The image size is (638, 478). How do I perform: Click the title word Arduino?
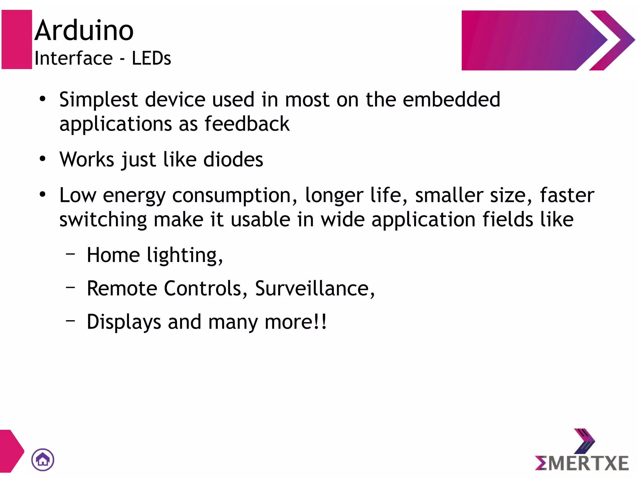click(84, 30)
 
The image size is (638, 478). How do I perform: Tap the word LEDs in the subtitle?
click(151, 58)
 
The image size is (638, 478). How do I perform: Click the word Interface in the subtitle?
click(74, 58)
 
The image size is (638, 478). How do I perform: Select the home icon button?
click(43, 460)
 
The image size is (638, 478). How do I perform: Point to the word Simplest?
click(98, 100)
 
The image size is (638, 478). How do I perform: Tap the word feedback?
click(247, 124)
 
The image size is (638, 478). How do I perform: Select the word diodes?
click(233, 160)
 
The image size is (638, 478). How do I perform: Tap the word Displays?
click(124, 322)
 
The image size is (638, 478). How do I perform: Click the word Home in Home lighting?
click(113, 255)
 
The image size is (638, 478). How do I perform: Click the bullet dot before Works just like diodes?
click(43, 159)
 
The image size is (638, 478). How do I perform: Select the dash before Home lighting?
click(71, 254)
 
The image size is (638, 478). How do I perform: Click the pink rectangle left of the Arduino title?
click(17, 40)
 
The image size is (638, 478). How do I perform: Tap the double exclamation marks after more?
click(321, 322)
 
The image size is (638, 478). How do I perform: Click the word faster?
click(567, 195)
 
